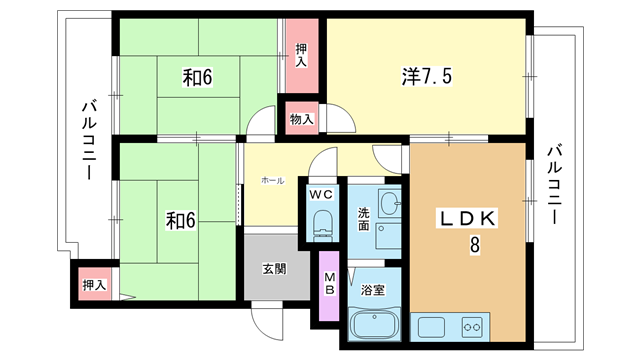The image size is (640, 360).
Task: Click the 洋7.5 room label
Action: pos(427,76)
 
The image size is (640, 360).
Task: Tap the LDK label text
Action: pos(467,219)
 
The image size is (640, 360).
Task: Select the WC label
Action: pos(321,194)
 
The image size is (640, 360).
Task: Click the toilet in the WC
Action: pos(323,226)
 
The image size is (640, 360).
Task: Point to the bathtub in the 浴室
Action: pos(373,324)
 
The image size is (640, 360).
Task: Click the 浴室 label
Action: pos(372,290)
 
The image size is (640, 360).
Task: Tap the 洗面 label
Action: pos(364,219)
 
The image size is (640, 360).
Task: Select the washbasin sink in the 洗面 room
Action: pos(389,202)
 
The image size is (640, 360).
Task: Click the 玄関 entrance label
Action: pos(274,269)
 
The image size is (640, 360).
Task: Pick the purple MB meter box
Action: pos(329,286)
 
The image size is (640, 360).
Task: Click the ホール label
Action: pos(272,180)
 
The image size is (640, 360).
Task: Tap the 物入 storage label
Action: pos(302,119)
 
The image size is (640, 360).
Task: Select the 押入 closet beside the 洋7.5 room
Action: pos(302,56)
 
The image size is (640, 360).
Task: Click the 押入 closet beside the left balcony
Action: pos(95,284)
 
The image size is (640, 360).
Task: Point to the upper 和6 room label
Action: pos(198,78)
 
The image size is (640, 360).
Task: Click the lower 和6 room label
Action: pos(180,220)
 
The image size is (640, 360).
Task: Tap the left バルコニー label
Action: pos(89,140)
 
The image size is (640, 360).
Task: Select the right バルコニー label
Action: pos(554,185)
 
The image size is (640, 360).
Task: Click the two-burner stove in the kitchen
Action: pos(472,327)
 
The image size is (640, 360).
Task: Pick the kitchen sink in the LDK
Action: pos(431,327)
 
